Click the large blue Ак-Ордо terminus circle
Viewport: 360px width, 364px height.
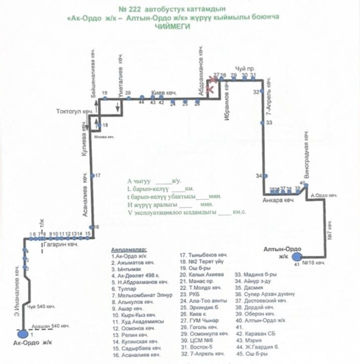click(x=22, y=333)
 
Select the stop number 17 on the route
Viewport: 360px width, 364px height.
click(x=98, y=175)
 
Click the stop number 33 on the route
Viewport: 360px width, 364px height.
click(x=269, y=122)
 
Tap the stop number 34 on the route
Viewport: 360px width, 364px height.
click(x=259, y=176)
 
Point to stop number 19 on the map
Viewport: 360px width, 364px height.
click(x=104, y=93)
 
